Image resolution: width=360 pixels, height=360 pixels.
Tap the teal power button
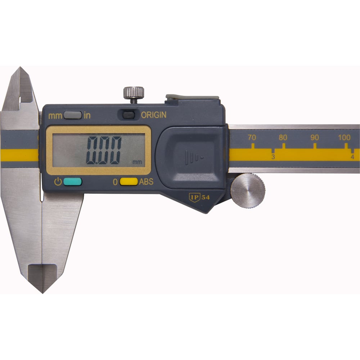click(x=72, y=182)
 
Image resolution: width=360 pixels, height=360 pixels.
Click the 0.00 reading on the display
click(x=103, y=150)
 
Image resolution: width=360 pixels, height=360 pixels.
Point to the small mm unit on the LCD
click(x=137, y=162)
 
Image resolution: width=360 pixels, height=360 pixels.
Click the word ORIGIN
click(x=154, y=115)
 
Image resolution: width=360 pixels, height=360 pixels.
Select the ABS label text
click(x=146, y=182)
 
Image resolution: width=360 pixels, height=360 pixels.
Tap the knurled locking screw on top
click(x=134, y=93)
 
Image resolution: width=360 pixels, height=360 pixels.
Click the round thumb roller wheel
click(x=248, y=191)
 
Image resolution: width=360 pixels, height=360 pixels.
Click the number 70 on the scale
click(x=252, y=138)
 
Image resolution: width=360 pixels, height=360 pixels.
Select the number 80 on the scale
click(x=283, y=138)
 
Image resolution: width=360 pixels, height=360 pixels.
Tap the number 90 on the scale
click(x=315, y=138)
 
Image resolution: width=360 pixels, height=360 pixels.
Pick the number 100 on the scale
click(x=345, y=138)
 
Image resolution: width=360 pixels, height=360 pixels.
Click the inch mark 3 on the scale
click(x=273, y=157)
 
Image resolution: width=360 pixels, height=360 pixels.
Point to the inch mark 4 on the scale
click(x=352, y=157)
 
